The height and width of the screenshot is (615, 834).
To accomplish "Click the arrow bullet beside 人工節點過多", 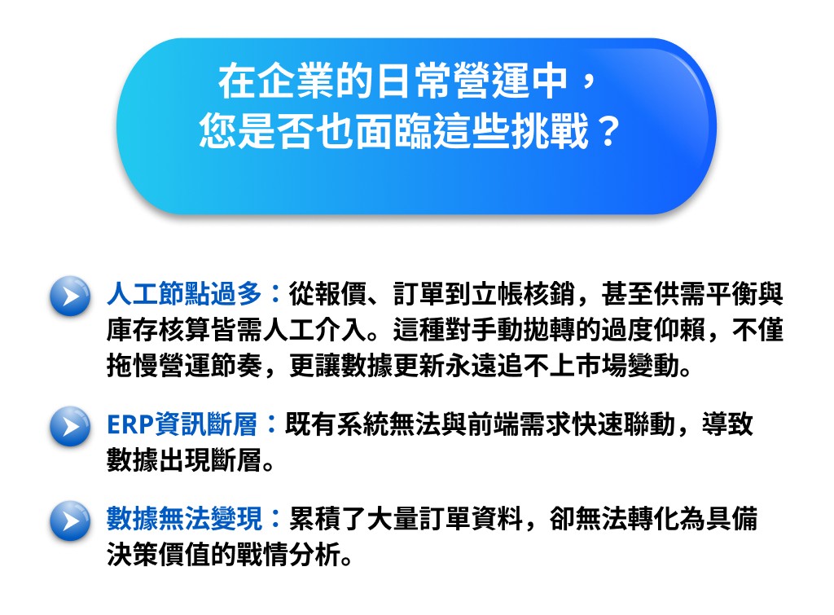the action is [70, 296].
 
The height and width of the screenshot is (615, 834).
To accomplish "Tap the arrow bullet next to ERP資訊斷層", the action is [70, 426].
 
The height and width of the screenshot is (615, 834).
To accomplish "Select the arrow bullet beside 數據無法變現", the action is [70, 521].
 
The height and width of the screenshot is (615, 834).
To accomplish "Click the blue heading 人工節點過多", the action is [185, 294].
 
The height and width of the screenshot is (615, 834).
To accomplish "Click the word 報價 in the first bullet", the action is [340, 294].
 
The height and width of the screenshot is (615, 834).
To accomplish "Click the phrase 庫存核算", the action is [159, 331].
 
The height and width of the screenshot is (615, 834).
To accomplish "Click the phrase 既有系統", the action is [337, 424].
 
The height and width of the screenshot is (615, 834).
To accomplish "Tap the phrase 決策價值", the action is [159, 555].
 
